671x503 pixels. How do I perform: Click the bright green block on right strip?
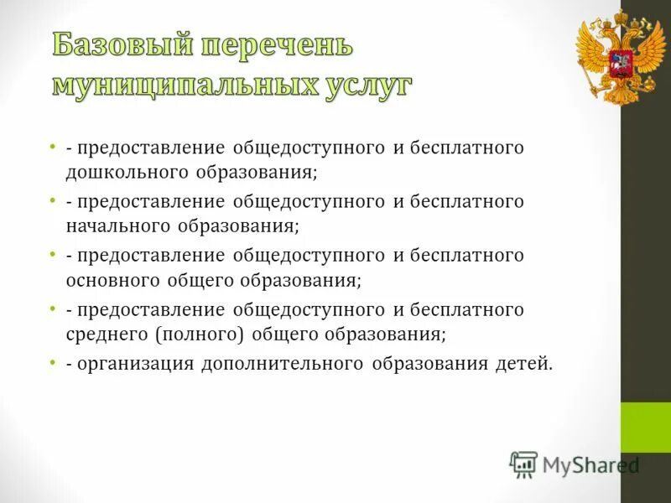click(645, 428)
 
